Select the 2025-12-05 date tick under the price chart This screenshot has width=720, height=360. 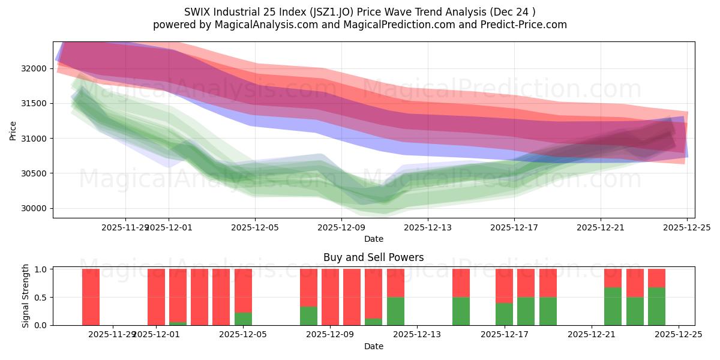pos(255,227)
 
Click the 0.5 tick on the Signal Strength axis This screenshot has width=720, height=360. pos(41,298)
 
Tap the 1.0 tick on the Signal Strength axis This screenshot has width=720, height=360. pos(41,269)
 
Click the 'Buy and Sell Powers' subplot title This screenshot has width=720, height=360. pos(373,257)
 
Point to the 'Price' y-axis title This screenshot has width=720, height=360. pos(13,130)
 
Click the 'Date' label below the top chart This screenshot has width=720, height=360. pos(373,239)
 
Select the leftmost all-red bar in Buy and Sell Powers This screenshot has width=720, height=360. pos(91,297)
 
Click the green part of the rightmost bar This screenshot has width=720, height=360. pos(656,306)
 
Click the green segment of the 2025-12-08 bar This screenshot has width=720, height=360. pos(308,316)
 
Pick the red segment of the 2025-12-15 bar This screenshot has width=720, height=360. pos(461,283)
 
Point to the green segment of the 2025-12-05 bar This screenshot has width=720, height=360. pos(243,319)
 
